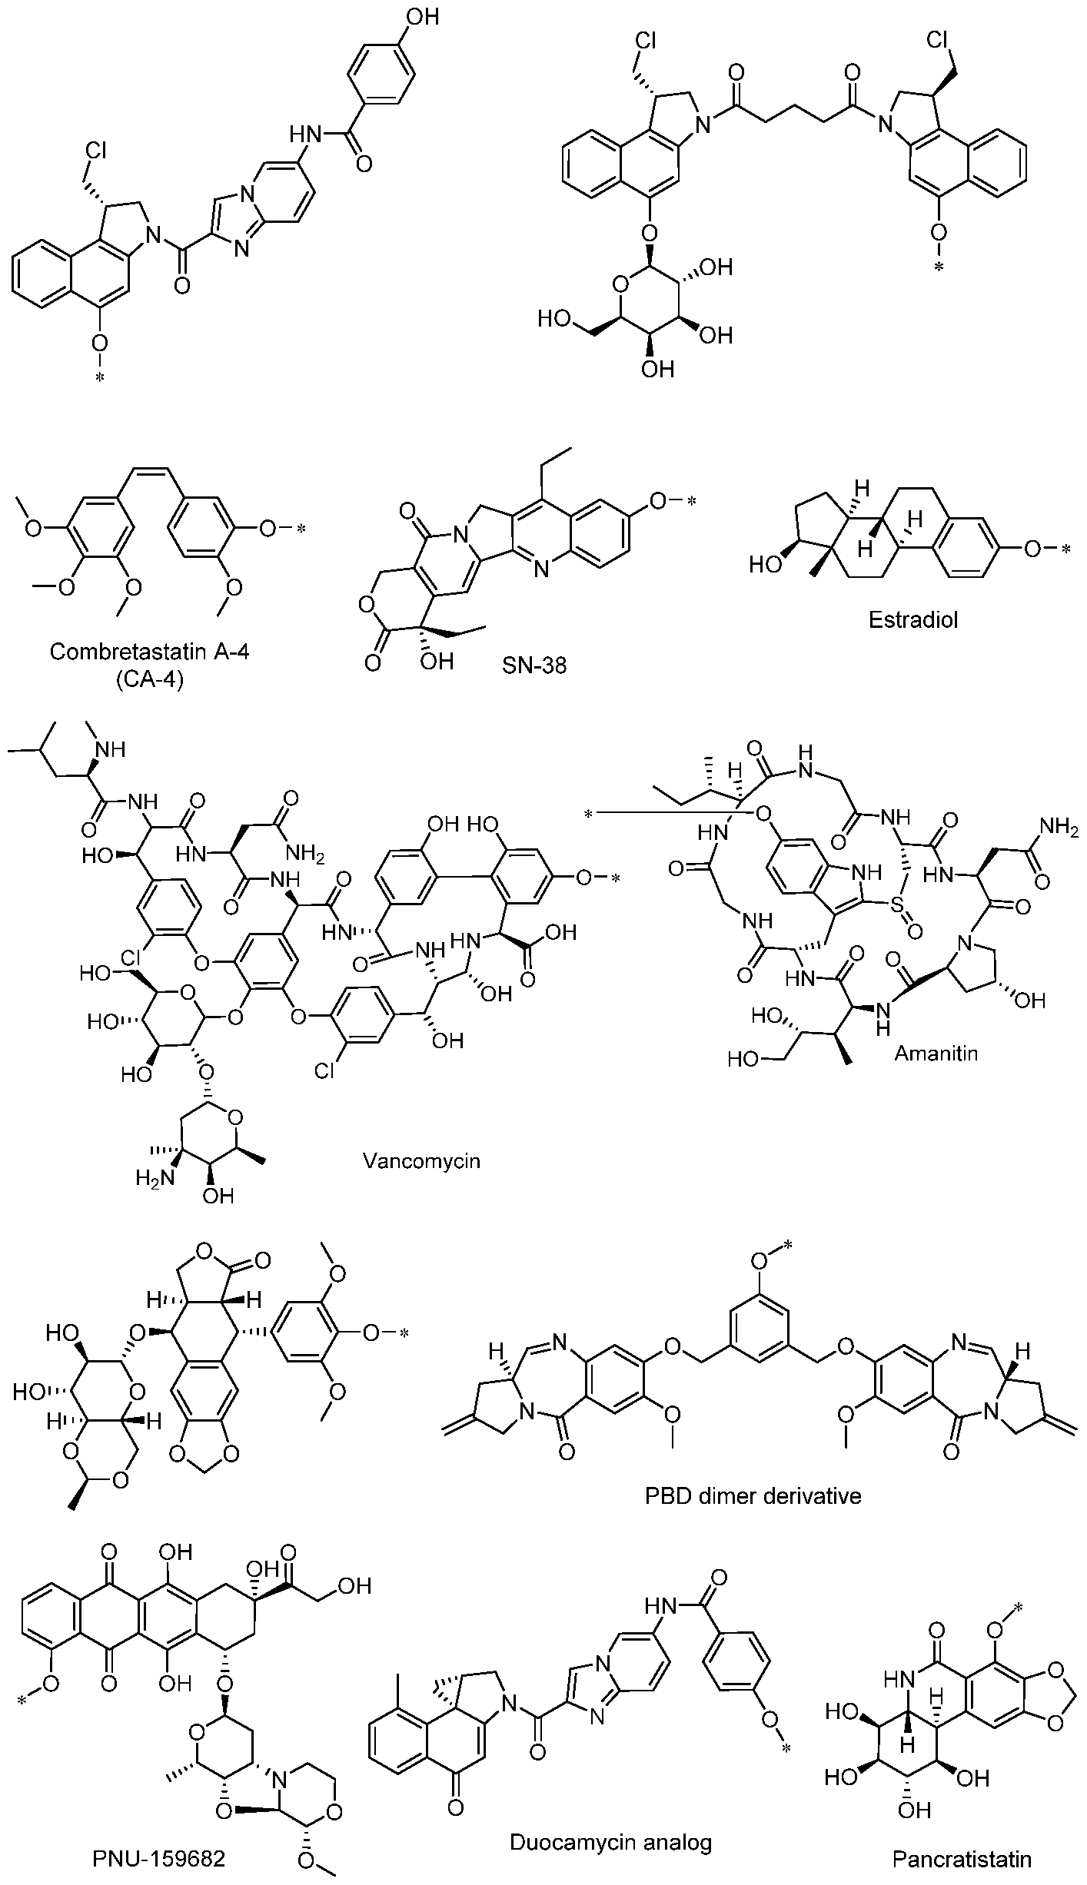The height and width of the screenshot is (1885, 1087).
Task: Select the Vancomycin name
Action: pos(421,1160)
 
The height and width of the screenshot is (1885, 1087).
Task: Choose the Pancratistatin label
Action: pos(962,1859)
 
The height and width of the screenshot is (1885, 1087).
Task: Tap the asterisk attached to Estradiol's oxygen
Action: pos(1065,550)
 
